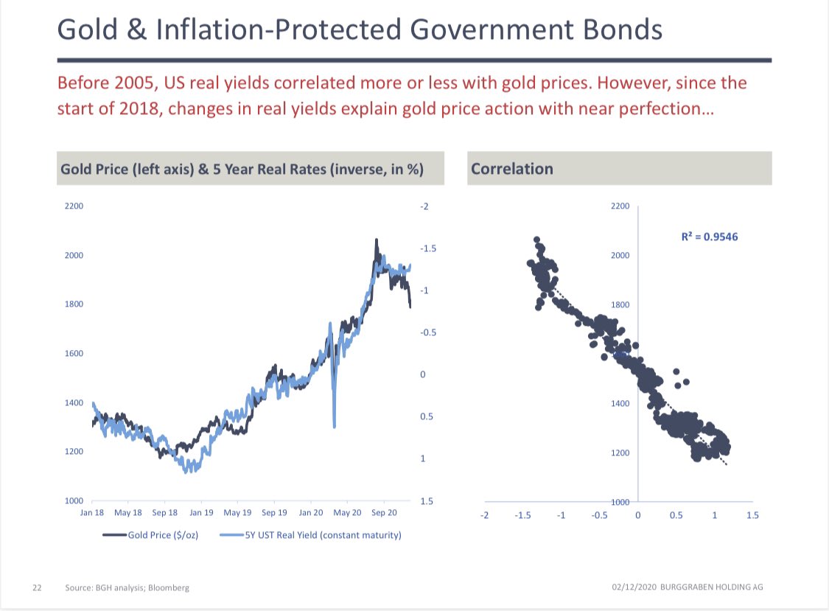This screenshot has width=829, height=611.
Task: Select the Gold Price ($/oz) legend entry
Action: pyautogui.click(x=161, y=535)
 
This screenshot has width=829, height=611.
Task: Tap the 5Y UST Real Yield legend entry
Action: pyautogui.click(x=323, y=535)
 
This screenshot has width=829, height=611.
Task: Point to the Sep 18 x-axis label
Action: pyautogui.click(x=164, y=512)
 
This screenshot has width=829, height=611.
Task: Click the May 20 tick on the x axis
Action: pyautogui.click(x=348, y=512)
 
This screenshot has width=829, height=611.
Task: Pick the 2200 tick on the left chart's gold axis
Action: pyautogui.click(x=74, y=206)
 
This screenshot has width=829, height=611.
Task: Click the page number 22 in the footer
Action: pyautogui.click(x=36, y=587)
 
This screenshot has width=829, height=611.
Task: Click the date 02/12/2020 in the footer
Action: pyautogui.click(x=632, y=587)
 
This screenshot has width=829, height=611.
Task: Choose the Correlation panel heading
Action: pyautogui.click(x=511, y=169)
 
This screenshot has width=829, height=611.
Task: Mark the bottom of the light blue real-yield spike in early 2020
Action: pyautogui.click(x=335, y=425)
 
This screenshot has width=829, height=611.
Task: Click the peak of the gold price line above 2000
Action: pyautogui.click(x=376, y=240)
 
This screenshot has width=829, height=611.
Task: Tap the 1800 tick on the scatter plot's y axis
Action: pyautogui.click(x=620, y=304)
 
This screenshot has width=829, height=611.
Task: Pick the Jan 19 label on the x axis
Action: pyautogui.click(x=201, y=512)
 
